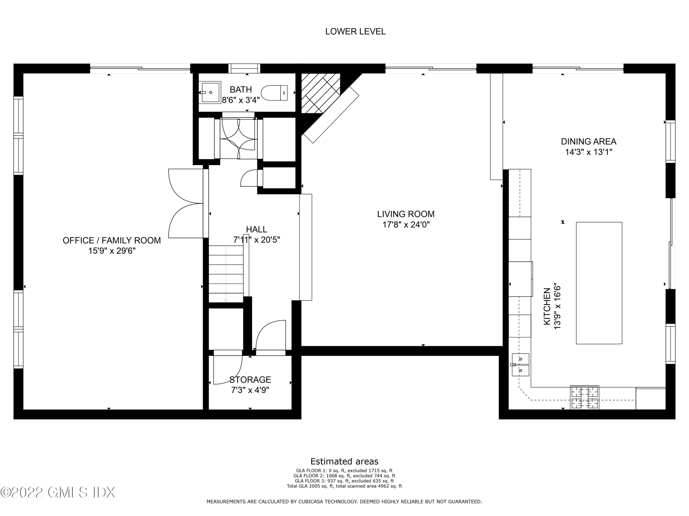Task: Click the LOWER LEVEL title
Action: coord(355,31)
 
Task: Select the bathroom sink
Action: coord(211,92)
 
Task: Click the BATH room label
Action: coord(240,90)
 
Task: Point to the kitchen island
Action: coord(599,283)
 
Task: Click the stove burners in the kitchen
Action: coord(584,397)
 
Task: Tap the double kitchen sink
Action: coord(520,365)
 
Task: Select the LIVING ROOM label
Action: coord(406,214)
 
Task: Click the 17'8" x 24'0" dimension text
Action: coord(406,225)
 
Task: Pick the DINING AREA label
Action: coord(588,141)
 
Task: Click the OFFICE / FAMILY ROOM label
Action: coord(112,240)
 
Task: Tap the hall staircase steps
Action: coord(226,274)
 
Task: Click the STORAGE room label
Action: coord(250,380)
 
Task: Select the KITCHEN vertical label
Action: coord(547,306)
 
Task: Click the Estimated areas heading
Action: coord(344,461)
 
